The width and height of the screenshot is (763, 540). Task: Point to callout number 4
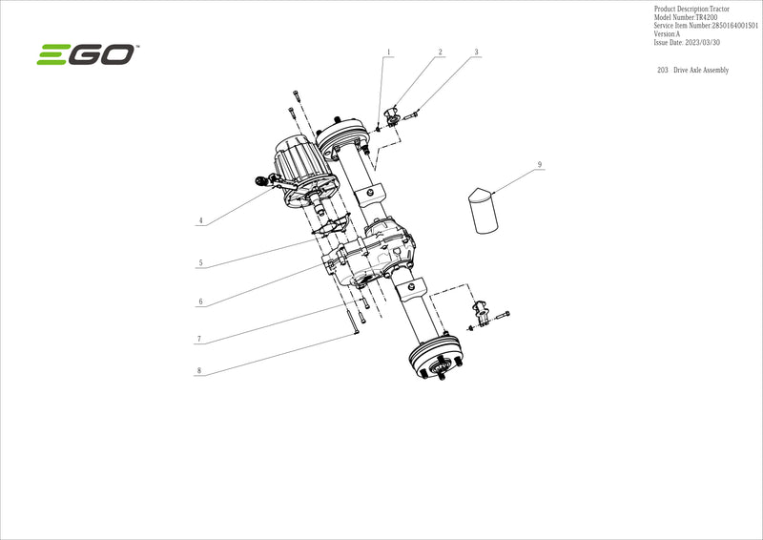pos(200,220)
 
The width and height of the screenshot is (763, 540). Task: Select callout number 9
pos(540,164)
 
